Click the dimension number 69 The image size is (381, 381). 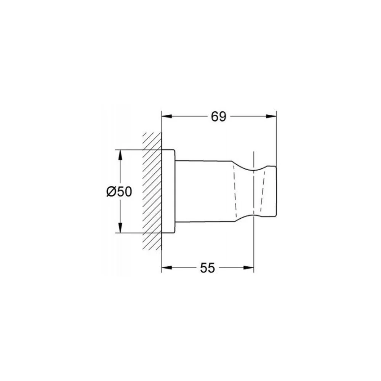218,117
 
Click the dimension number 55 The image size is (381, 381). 208,268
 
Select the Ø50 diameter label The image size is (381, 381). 119,192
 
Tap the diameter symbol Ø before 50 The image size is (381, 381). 111,192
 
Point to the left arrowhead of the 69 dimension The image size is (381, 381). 167,116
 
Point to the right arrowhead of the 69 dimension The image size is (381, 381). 271,116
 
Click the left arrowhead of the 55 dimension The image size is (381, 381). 167,268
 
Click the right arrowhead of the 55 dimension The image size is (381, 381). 248,268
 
